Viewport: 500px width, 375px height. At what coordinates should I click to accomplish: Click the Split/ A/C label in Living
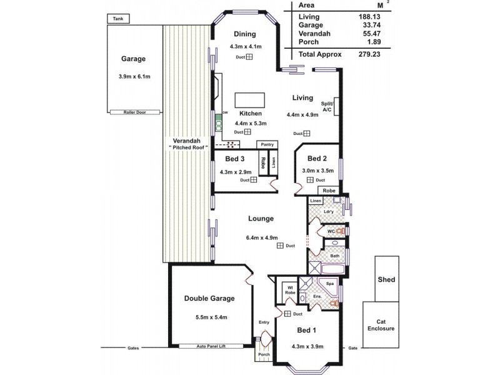326,106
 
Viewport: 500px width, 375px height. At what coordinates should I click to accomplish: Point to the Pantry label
269,144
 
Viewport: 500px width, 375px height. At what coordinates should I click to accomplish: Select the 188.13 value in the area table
369,16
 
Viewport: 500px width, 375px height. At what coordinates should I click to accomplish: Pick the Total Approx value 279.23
369,54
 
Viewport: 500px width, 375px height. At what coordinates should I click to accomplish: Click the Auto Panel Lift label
211,346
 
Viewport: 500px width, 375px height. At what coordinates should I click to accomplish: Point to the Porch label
263,355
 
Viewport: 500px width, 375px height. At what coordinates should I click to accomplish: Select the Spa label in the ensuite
330,283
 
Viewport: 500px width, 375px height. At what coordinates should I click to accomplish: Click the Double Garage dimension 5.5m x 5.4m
209,317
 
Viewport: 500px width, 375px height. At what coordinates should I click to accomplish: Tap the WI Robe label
289,289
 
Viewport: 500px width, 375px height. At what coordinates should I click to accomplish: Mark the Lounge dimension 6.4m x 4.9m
262,237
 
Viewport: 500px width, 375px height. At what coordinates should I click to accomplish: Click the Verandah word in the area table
314,34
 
